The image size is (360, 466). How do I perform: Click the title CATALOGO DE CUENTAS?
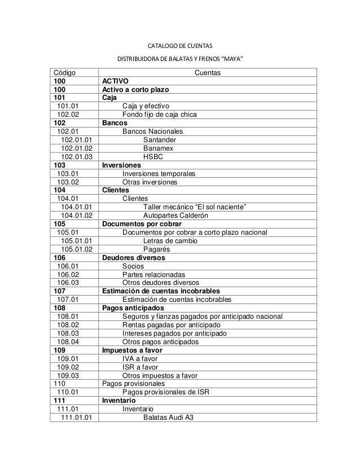click(x=180, y=45)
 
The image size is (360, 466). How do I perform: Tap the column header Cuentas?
click(x=208, y=73)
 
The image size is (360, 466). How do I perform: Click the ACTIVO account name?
click(x=115, y=81)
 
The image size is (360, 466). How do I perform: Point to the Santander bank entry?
click(x=160, y=140)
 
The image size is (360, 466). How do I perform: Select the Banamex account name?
click(x=159, y=148)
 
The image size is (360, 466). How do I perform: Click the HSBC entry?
click(x=153, y=157)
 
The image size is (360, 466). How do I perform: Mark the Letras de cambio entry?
click(x=169, y=241)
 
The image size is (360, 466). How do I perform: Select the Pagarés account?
click(x=157, y=249)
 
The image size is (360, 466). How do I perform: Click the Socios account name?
click(x=133, y=266)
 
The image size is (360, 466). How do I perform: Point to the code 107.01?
click(x=68, y=300)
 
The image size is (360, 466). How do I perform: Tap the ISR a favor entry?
click(x=140, y=367)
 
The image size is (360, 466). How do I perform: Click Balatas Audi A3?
click(x=168, y=418)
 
